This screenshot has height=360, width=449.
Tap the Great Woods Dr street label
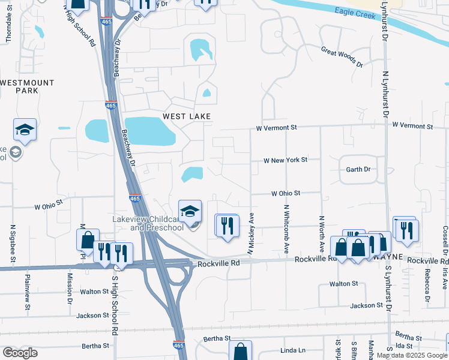(x=342, y=57)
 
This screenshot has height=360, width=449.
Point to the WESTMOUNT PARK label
(x=27, y=86)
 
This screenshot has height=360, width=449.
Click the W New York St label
(x=286, y=160)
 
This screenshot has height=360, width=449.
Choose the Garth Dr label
(x=358, y=170)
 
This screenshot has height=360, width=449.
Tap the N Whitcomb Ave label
(x=287, y=227)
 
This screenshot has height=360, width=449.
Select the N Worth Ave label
(x=322, y=233)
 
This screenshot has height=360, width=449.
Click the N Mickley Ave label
(x=252, y=232)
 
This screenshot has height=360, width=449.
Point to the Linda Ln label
(x=293, y=350)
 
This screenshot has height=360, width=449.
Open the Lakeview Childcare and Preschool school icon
(x=190, y=212)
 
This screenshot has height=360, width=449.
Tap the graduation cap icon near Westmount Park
(x=25, y=130)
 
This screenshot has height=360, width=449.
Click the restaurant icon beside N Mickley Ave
(x=227, y=226)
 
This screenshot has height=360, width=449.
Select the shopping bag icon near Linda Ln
(x=240, y=352)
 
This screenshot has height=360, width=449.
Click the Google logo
(x=20, y=353)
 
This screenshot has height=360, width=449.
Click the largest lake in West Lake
(x=149, y=130)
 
